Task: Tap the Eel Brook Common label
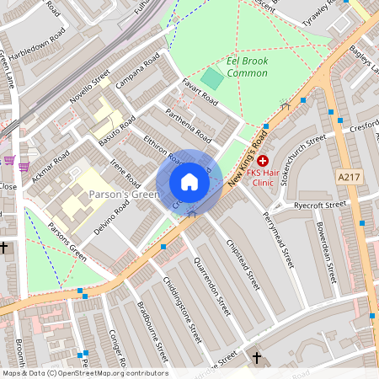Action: coord(247,67)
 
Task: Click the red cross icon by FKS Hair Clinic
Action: coord(263,160)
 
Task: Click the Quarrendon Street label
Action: coord(212,291)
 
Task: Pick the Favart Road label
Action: coord(200,93)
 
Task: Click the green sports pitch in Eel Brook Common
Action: coord(213,80)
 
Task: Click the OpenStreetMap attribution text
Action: coord(84,373)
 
